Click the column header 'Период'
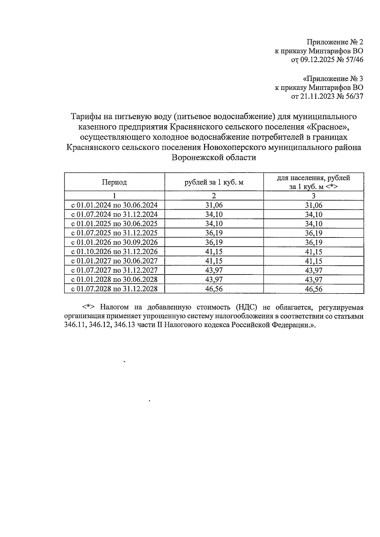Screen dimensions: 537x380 tap(114, 182)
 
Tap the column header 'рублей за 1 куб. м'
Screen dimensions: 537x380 tap(214, 182)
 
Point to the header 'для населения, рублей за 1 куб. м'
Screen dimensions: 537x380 tap(313, 182)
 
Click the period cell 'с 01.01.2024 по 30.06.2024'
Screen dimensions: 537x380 tap(114, 205)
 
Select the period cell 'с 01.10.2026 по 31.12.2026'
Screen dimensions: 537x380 tap(114, 252)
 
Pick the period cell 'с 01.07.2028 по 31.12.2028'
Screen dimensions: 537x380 tap(114, 289)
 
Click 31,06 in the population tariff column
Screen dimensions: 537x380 tap(313, 205)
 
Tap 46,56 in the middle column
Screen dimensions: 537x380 tap(214, 289)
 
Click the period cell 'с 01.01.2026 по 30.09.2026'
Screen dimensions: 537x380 tap(114, 243)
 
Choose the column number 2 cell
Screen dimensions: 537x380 tap(214, 196)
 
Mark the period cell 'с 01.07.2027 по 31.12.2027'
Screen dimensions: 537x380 tap(114, 270)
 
